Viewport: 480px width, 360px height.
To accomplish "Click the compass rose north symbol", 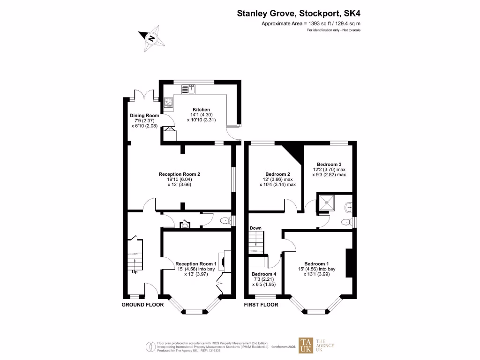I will (151, 38).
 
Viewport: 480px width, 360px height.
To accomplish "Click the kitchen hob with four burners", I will (168, 102).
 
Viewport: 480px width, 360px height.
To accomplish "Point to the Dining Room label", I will (144, 115).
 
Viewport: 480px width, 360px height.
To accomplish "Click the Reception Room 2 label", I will (182, 174).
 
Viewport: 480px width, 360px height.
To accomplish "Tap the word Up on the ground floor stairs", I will (134, 272).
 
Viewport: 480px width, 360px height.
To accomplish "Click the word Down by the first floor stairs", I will (255, 228).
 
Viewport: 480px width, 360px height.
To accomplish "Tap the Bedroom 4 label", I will (263, 274).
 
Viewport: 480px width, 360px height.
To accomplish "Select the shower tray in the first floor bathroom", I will (327, 203).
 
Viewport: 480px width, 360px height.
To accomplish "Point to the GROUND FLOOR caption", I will (142, 305).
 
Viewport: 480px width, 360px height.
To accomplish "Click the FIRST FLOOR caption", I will (261, 305).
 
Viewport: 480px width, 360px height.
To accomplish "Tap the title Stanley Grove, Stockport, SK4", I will (299, 14).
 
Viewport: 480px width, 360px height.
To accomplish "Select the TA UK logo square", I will (307, 345).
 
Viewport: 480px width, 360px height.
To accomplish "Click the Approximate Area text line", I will (310, 23).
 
